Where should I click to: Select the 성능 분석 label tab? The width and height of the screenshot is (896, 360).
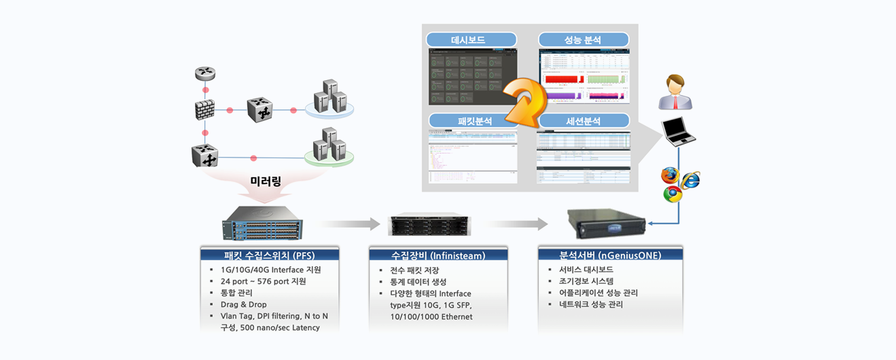(x=584, y=40)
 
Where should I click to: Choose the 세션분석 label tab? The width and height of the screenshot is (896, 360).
(x=584, y=121)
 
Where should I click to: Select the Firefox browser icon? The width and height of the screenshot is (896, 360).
(x=670, y=176)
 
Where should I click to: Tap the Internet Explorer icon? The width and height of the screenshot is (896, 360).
(x=690, y=179)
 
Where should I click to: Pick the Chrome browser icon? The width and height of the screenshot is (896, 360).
(x=673, y=195)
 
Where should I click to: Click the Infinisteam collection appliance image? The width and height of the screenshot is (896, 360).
(x=429, y=225)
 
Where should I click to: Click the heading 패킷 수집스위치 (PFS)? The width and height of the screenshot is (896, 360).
(x=270, y=256)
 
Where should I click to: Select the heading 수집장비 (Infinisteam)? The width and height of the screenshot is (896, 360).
(x=438, y=256)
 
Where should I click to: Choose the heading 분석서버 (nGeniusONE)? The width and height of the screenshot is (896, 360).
(x=609, y=255)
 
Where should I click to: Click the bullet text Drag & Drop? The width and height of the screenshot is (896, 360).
(x=244, y=304)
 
